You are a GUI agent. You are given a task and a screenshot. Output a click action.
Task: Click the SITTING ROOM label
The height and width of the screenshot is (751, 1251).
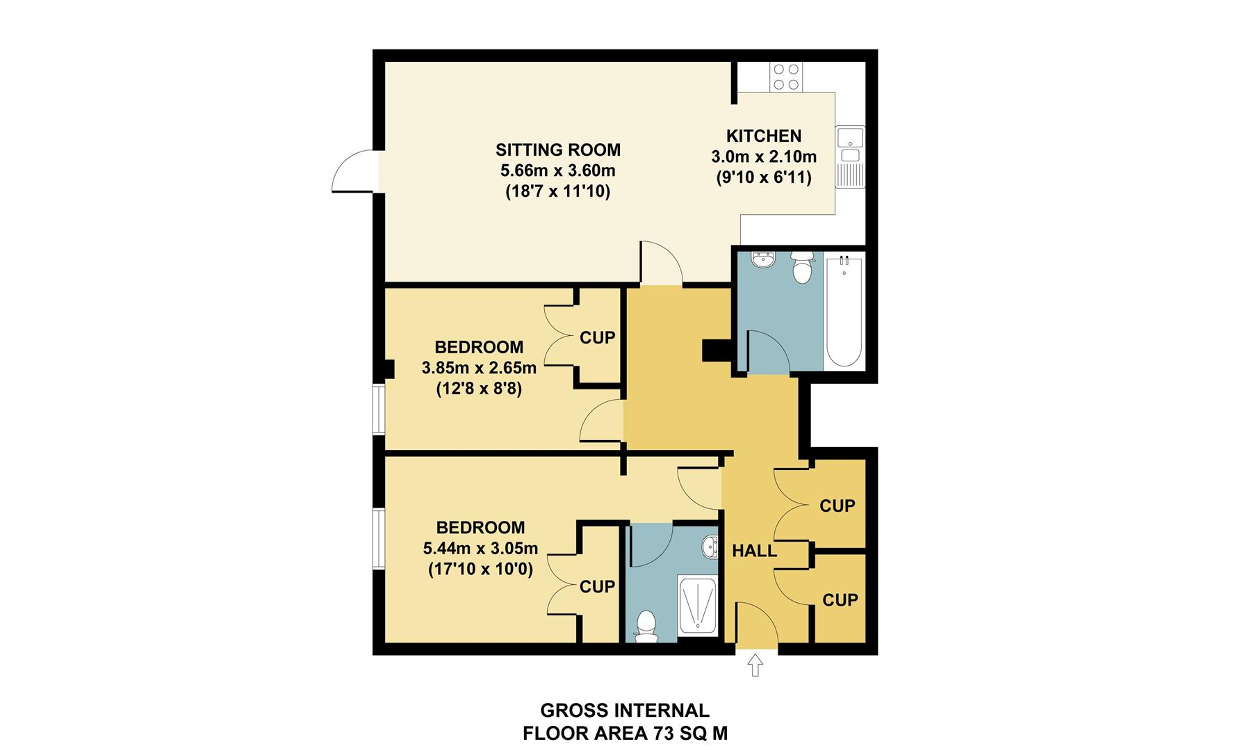(x=557, y=150)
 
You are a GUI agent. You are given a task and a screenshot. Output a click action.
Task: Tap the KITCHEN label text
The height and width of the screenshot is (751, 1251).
(x=763, y=136)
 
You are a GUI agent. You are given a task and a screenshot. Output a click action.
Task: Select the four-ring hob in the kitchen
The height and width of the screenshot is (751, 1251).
(x=786, y=76)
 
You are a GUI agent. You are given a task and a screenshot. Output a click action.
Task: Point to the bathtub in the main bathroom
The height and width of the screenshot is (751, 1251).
(x=844, y=313)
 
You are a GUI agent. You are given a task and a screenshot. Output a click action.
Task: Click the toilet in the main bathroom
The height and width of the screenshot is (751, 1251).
(x=802, y=268)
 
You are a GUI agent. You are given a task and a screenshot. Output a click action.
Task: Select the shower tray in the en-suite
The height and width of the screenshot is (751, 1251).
(x=696, y=605)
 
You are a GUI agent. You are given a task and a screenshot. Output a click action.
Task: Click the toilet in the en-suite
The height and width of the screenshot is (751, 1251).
(x=646, y=626)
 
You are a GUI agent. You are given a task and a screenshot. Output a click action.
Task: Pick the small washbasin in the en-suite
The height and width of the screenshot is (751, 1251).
(x=710, y=547)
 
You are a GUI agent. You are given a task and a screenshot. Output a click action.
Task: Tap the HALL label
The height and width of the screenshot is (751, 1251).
(x=754, y=551)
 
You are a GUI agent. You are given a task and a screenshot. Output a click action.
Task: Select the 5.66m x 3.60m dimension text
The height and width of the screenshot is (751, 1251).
(x=557, y=170)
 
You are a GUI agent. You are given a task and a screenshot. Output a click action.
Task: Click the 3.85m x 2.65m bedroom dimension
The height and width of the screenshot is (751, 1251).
(x=479, y=367)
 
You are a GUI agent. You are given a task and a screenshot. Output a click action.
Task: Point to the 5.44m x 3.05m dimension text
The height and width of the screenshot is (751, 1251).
(x=480, y=549)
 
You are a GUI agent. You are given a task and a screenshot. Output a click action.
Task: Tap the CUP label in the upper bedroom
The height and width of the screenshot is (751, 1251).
(x=597, y=338)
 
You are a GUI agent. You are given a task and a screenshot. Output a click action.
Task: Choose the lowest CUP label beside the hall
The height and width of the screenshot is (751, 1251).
(x=840, y=599)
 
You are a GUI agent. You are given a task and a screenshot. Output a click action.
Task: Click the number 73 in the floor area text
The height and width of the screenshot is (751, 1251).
(x=662, y=733)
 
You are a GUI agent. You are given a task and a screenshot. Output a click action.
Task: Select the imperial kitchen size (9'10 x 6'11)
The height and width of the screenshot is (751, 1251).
(x=763, y=177)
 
